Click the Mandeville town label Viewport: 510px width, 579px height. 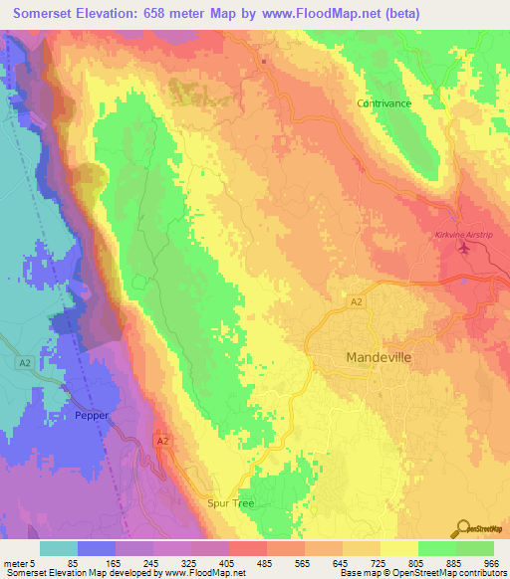point(378,356)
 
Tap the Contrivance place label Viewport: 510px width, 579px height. point(384,102)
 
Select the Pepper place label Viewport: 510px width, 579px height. point(92,415)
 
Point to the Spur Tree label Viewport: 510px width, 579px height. point(230,503)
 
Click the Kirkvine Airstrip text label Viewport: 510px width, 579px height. point(465,235)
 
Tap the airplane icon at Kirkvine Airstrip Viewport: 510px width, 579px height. point(464,248)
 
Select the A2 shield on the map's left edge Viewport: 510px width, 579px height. point(24,363)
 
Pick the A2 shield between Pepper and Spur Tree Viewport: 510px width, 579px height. point(162,438)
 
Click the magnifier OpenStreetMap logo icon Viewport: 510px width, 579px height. point(462,529)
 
